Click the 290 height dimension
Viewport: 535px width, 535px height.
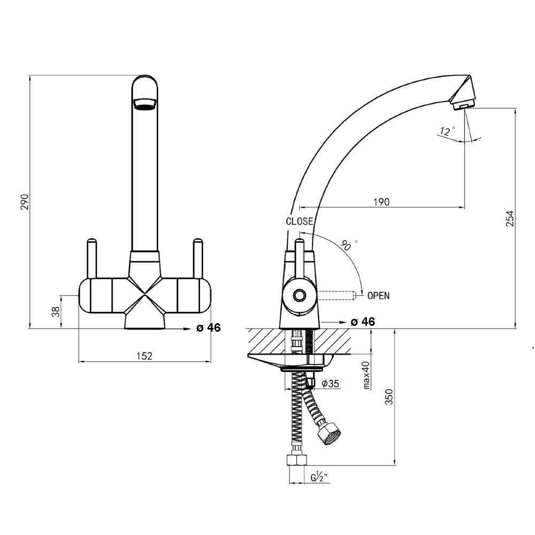click(24, 202)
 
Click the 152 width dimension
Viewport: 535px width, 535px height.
click(144, 356)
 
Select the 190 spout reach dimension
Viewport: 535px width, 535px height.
click(381, 202)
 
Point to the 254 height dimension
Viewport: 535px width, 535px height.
click(510, 218)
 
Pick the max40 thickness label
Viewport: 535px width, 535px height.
click(366, 374)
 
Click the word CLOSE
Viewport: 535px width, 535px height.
click(300, 221)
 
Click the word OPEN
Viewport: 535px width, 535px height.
click(378, 295)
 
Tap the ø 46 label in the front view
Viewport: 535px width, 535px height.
click(208, 328)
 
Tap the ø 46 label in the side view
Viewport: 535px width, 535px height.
click(362, 322)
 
